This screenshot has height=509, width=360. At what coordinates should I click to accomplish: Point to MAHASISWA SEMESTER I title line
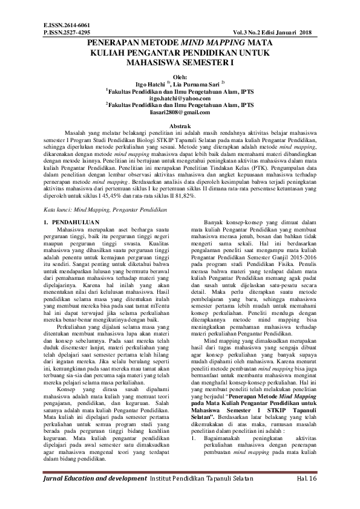pos(180,62)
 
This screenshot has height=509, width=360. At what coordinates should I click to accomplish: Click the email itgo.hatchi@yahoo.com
pos(180,97)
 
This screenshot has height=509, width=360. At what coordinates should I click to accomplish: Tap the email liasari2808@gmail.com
pos(180,112)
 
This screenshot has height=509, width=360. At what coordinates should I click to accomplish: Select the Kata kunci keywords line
pos(97,209)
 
